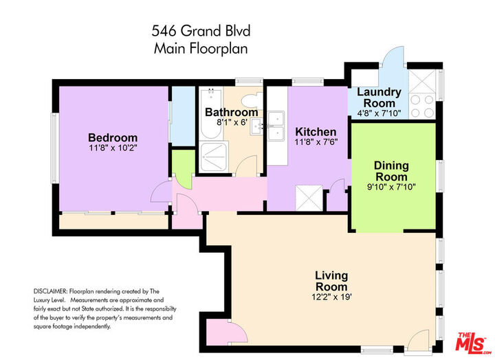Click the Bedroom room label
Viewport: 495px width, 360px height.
[x=113, y=137]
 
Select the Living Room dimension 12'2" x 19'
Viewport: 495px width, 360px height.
[x=331, y=297]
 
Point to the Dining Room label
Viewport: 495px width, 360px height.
[x=391, y=171]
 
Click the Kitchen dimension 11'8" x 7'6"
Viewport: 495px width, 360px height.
[x=316, y=142]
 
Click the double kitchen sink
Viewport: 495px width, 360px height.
[x=278, y=127]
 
